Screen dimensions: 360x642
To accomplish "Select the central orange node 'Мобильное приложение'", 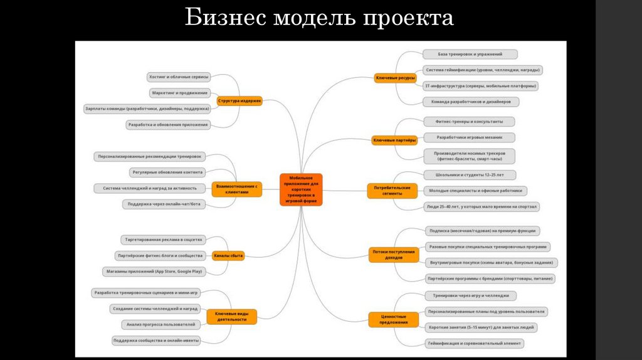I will click(301, 189).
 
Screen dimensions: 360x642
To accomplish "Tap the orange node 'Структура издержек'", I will click(239, 100).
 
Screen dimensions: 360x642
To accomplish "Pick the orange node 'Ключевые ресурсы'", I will click(395, 78).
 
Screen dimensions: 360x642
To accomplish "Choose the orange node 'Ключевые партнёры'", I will click(394, 140).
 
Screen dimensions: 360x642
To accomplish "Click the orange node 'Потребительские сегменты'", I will click(392, 191).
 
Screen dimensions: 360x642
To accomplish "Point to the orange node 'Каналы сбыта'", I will click(228, 255).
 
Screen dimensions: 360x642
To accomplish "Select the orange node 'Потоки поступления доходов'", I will click(394, 255).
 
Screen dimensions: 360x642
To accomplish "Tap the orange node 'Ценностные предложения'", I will click(394, 319).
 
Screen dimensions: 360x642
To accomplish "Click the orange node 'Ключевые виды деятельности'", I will click(235, 316).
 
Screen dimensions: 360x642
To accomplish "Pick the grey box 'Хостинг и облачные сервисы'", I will click(178, 77).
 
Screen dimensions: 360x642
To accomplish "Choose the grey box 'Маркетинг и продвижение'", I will click(179, 93).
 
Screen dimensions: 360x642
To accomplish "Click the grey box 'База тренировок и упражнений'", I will click(470, 55).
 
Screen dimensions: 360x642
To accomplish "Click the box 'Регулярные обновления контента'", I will click(167, 172).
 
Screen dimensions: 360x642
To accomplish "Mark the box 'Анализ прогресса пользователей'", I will click(161, 324).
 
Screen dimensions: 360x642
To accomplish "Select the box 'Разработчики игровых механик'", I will click(467, 137).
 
